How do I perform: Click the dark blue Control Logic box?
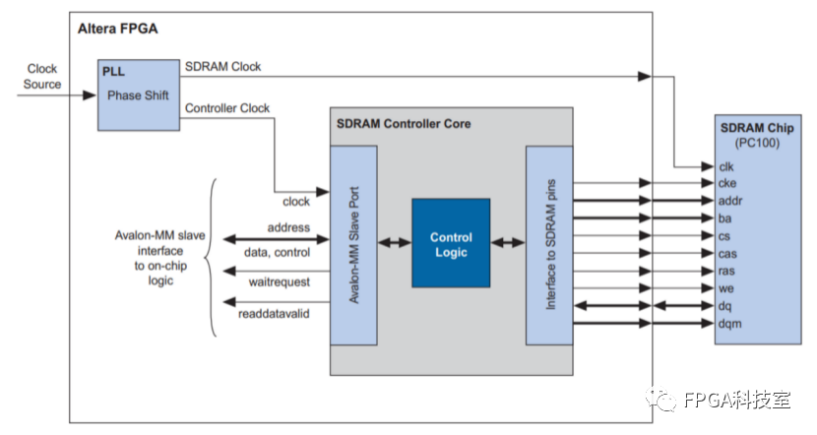[451, 244]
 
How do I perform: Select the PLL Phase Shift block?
[138, 94]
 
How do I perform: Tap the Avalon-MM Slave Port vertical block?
[353, 245]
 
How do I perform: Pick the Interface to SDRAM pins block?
[549, 245]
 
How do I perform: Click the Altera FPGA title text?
[117, 29]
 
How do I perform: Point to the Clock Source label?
[42, 77]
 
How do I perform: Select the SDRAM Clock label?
[223, 66]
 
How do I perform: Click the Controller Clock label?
[228, 108]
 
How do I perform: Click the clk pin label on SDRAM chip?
[725, 166]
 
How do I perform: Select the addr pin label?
[729, 200]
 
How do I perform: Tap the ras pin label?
[726, 270]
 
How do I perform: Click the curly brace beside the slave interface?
[211, 255]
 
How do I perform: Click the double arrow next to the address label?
[277, 239]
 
